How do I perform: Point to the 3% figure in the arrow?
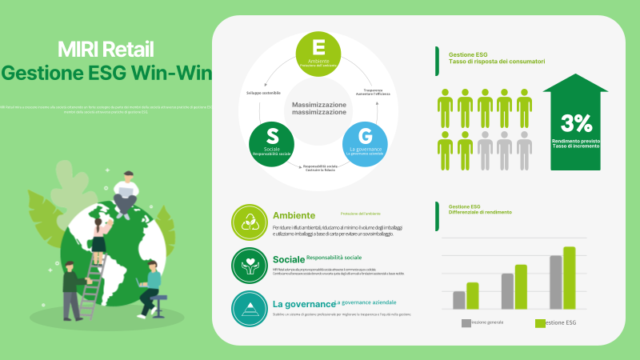pos(576,122)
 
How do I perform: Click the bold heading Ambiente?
pos(294,215)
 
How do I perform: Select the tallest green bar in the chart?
pos(569,278)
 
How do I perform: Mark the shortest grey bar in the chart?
pos(458,300)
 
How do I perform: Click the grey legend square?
pos(466,323)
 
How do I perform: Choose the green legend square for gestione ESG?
pos(540,323)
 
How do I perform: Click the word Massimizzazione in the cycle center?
pos(318,105)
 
